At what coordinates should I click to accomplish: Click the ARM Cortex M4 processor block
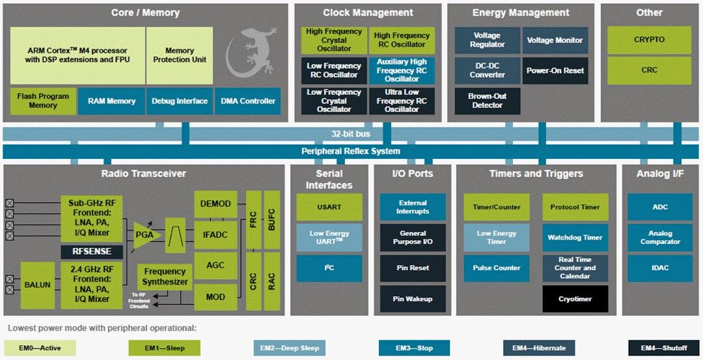[77, 55]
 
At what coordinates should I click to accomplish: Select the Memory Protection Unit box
[180, 55]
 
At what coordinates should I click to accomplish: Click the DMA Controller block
[248, 101]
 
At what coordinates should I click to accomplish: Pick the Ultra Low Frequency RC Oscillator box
[402, 101]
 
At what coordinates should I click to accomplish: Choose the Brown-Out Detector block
[487, 101]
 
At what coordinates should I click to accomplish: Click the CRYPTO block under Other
[649, 40]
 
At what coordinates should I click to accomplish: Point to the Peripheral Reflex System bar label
[351, 151]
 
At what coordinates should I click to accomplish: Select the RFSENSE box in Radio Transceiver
[91, 251]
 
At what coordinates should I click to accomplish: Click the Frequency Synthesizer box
[165, 277]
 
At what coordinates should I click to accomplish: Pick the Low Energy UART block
[329, 238]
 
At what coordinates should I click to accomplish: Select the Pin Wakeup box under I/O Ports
[413, 299]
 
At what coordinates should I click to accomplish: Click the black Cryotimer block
[575, 299]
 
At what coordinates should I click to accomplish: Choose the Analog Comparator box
[659, 238]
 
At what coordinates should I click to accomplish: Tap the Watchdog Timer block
[575, 238]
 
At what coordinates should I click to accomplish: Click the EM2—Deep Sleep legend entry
[289, 348]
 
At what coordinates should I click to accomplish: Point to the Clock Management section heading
[368, 12]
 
